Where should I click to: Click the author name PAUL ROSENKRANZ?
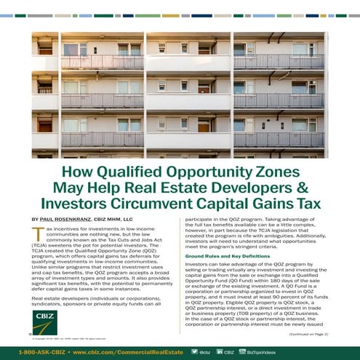[71, 218]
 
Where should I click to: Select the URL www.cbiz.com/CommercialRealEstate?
[124, 351]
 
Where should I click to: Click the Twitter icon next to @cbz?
[194, 351]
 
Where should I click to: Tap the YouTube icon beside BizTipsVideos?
[242, 351]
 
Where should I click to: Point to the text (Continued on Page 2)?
[308, 333]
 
